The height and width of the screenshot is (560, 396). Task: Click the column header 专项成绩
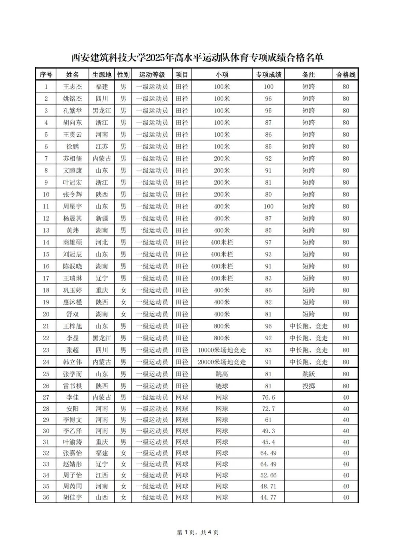268,75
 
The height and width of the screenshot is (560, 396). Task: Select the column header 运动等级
152,75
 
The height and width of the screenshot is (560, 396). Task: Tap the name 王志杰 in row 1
72,87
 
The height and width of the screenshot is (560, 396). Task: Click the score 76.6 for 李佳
268,398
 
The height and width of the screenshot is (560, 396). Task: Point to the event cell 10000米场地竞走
222,350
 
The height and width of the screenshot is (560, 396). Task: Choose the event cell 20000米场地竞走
222,362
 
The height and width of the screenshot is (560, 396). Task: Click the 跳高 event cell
222,374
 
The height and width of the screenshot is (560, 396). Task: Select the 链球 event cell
222,386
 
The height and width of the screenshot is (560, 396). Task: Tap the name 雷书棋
72,386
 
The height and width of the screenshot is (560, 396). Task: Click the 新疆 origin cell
102,219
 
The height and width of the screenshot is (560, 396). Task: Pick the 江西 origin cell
102,475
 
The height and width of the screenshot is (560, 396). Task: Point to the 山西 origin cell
102,498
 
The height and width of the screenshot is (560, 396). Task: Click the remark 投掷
308,386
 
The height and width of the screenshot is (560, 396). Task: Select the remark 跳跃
308,374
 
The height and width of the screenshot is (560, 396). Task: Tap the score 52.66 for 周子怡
268,475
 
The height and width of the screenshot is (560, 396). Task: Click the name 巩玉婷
72,290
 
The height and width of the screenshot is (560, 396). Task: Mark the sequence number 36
46,498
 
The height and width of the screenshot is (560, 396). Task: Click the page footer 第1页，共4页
198,532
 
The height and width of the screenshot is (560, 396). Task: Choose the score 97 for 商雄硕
268,242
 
